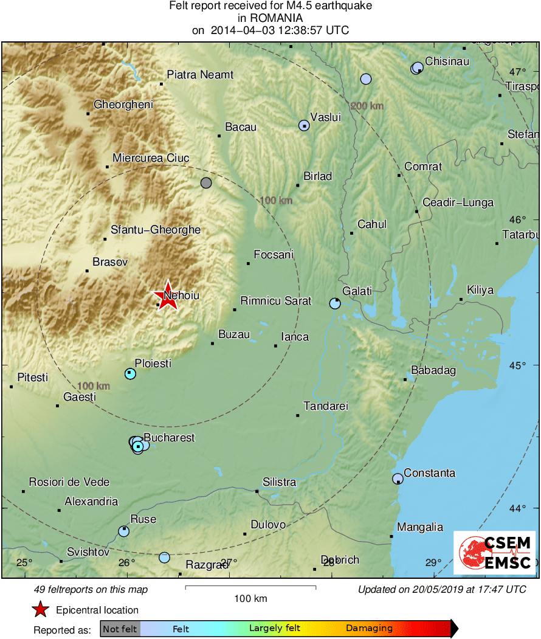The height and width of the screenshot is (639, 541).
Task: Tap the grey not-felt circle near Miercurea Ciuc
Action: [x=206, y=182]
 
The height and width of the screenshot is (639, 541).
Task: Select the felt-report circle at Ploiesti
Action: [x=130, y=373]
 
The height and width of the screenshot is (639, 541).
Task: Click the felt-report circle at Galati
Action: [x=335, y=303]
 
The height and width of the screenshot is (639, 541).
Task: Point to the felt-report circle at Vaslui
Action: [x=304, y=126]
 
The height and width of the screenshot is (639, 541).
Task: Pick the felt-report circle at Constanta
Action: [x=398, y=478]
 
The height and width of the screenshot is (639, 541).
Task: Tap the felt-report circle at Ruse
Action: [x=124, y=531]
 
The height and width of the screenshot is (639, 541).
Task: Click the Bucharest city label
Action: [x=169, y=438]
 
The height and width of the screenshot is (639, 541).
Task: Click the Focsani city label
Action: [x=273, y=255]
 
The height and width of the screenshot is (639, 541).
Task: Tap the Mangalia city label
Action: [x=420, y=527]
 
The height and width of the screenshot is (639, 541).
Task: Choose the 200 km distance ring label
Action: [x=368, y=106]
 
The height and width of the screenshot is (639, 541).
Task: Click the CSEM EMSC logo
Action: [x=495, y=553]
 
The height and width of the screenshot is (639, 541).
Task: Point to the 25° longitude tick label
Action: [x=24, y=562]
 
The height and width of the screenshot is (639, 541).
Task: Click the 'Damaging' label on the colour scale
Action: [x=370, y=628]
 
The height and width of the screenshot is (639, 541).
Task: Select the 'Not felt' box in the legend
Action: [x=120, y=629]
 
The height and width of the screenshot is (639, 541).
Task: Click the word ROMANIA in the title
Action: [x=270, y=18]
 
